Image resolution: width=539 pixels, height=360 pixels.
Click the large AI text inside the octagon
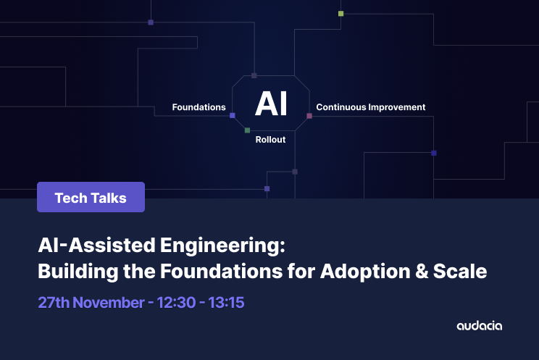pos(271,104)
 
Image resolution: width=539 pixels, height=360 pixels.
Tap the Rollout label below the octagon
pos(270,140)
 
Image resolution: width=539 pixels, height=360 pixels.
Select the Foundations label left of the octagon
pos(199,107)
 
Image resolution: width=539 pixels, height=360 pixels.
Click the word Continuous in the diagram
pos(340,107)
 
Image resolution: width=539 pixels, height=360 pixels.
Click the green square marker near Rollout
pos(247,130)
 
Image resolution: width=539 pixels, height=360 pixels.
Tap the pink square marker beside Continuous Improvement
pos(309,116)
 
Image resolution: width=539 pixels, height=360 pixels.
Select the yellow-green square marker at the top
pos(340,13)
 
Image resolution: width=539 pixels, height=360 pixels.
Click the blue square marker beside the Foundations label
pos(233,115)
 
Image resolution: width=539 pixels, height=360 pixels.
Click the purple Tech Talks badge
pos(91,197)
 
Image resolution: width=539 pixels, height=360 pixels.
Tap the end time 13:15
pos(225,302)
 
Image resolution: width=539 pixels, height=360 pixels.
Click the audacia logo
pos(479,326)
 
